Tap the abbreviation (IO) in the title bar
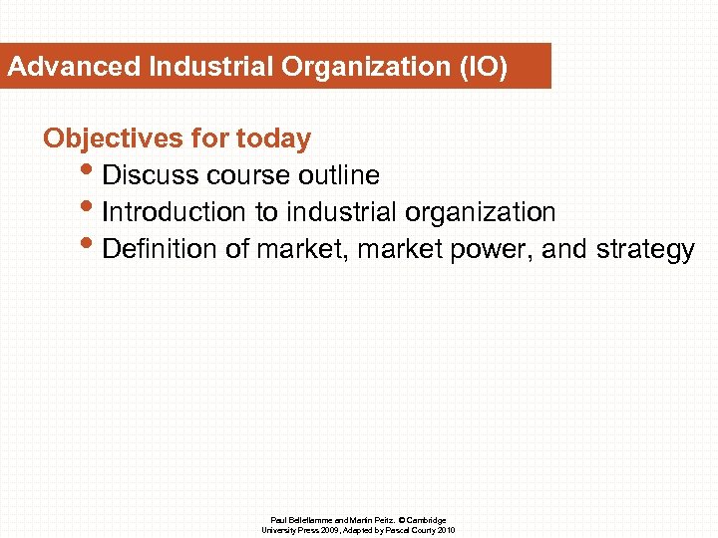click(x=483, y=69)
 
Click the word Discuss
click(x=151, y=176)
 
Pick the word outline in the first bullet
click(x=342, y=176)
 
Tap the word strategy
click(x=645, y=249)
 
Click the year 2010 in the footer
click(x=446, y=530)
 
